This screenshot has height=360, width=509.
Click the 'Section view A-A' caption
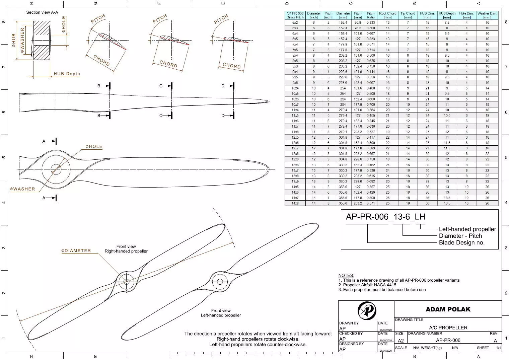click(42, 12)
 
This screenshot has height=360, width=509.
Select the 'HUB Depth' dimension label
click(67, 74)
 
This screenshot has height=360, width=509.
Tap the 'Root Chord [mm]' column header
click(387, 15)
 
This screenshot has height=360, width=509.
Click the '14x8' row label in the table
click(295, 203)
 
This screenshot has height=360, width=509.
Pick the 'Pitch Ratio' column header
click(370, 15)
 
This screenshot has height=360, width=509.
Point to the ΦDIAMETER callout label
click(76, 250)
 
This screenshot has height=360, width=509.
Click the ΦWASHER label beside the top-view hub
click(22, 189)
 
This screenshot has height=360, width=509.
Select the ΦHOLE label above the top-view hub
click(94, 147)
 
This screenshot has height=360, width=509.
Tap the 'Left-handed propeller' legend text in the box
click(467, 229)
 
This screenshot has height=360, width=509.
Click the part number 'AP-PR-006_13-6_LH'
click(385, 217)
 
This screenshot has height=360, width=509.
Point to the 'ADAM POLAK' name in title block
click(448, 309)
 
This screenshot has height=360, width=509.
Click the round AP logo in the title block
click(367, 311)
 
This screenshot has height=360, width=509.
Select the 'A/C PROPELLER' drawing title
click(448, 328)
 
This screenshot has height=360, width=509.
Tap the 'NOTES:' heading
click(346, 275)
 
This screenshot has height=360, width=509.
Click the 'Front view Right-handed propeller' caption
click(126, 249)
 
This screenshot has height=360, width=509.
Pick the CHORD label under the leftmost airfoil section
click(101, 61)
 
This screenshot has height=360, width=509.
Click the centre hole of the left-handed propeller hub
click(220, 281)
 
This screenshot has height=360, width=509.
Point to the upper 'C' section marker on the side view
click(161, 86)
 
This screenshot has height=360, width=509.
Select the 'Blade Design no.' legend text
click(461, 242)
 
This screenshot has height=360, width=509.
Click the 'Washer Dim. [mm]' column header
click(487, 15)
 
